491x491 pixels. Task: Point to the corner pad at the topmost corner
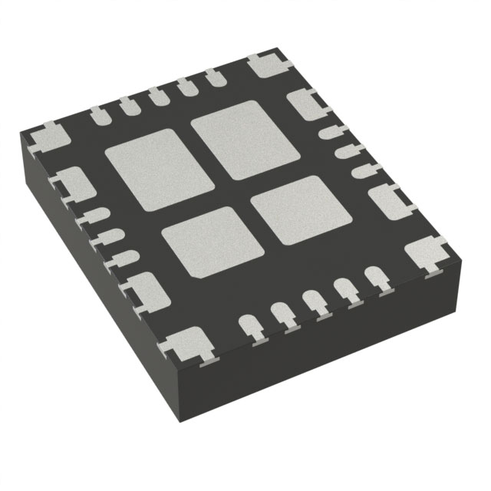pos(266,64)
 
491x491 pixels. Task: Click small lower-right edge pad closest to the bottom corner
pos(250,327)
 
